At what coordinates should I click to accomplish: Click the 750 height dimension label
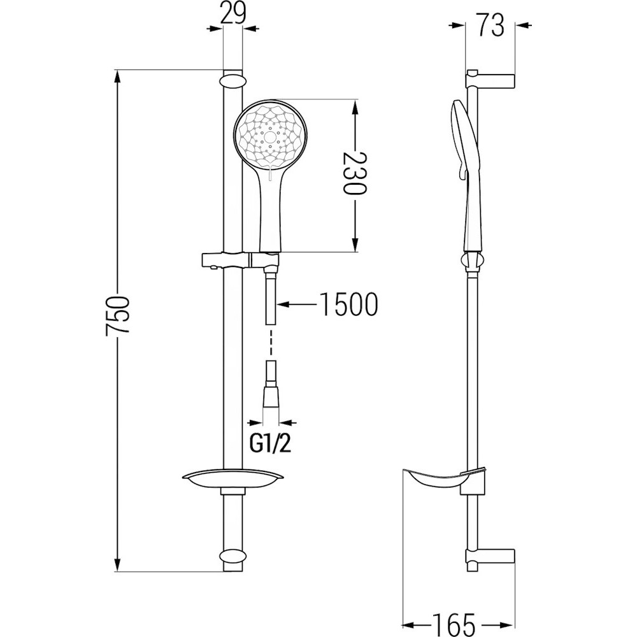(x=117, y=316)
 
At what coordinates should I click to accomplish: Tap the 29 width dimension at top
(x=233, y=13)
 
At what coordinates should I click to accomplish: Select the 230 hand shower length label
(x=355, y=173)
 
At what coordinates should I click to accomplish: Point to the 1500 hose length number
(x=349, y=304)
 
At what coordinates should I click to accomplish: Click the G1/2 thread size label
(x=271, y=445)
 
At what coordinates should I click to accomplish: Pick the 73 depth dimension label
(x=490, y=25)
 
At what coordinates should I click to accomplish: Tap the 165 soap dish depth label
(x=454, y=624)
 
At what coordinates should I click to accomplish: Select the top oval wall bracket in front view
(x=233, y=79)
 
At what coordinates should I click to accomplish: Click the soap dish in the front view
(x=233, y=480)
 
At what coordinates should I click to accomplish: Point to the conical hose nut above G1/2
(x=271, y=393)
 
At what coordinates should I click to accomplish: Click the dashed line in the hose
(x=271, y=344)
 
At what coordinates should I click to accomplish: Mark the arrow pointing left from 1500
(x=297, y=304)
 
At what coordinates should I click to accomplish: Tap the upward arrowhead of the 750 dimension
(x=117, y=78)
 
